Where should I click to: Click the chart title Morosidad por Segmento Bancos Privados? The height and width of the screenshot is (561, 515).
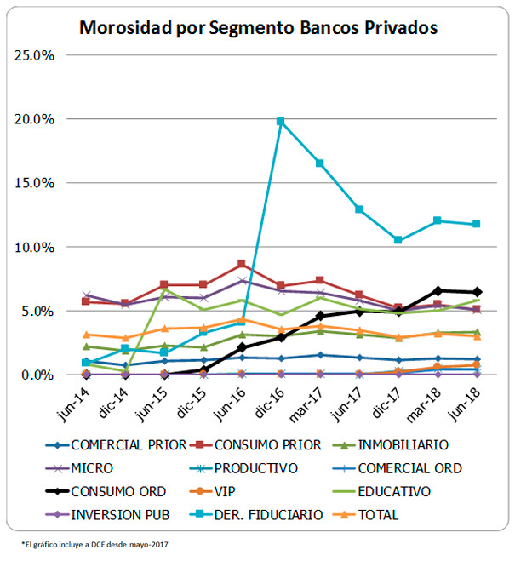[x=258, y=27]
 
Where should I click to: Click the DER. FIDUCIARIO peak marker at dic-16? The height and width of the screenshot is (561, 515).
[x=281, y=121]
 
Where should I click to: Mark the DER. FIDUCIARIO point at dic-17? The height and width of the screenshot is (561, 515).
[x=398, y=240]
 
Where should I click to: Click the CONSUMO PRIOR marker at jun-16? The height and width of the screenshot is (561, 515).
[x=242, y=264]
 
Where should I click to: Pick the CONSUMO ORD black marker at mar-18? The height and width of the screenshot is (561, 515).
[x=438, y=291]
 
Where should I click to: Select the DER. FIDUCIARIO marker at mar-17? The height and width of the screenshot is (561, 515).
[x=320, y=163]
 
